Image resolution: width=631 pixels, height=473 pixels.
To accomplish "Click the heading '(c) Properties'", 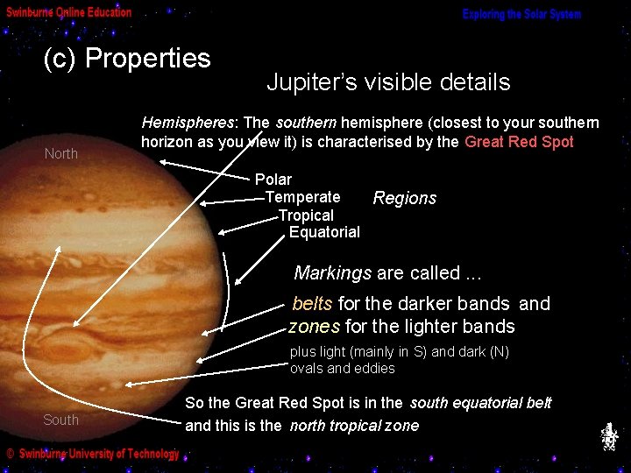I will pos(127,59).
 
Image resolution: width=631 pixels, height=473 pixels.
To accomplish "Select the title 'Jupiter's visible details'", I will pos(387,83).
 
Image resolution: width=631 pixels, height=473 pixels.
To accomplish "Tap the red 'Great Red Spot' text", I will pos(519,142).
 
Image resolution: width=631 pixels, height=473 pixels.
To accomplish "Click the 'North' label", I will pos(61,154).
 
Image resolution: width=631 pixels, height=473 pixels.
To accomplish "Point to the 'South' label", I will pos(61,420).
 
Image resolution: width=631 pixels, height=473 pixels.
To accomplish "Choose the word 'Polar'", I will pos(273,180).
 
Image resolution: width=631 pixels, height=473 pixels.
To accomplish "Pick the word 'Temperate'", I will pos(302,198).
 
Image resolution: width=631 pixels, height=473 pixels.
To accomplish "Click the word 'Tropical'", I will pos(306,215).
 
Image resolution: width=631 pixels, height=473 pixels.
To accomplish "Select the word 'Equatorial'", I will pos(324,232).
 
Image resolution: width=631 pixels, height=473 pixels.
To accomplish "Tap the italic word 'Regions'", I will pos(404,199).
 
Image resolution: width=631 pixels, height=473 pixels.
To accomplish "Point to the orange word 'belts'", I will pos(312,304).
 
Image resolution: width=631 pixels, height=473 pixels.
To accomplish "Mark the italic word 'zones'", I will pos(315,327).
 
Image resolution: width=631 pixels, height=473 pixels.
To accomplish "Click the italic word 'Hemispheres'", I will pos(188,123).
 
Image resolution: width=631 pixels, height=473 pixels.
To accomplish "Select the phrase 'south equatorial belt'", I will pos(480,403).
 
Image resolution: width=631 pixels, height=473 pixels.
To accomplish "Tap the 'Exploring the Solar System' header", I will pos(521,15).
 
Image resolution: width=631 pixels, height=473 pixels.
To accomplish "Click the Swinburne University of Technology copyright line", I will pos(92,454).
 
